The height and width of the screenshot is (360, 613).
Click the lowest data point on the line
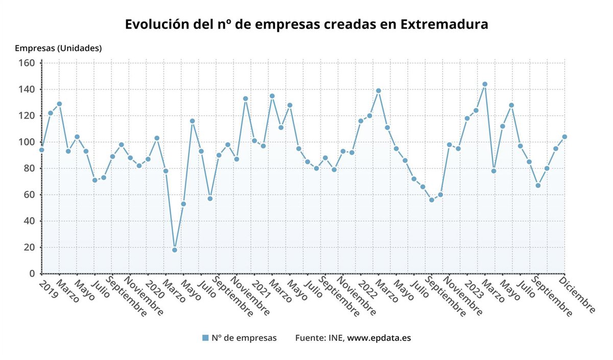pyautogui.click(x=174, y=250)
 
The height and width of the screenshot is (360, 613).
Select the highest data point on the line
pyautogui.click(x=485, y=84)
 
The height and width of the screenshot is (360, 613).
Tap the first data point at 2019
pyautogui.click(x=41, y=150)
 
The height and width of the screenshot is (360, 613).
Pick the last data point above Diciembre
pyautogui.click(x=564, y=137)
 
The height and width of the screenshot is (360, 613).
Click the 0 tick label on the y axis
pyautogui.click(x=31, y=274)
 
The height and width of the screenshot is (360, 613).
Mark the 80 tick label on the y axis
pyautogui.click(x=29, y=169)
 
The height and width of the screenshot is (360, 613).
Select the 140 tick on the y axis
pyautogui.click(x=27, y=89)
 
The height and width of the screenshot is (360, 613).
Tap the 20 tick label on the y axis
pyautogui.click(x=29, y=248)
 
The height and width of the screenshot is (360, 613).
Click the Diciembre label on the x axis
pyautogui.click(x=578, y=295)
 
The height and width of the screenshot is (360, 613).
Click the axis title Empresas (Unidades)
pyautogui.click(x=58, y=49)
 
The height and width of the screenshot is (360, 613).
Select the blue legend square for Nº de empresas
pyautogui.click(x=205, y=338)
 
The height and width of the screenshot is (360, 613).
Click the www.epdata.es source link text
pyautogui.click(x=379, y=338)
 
